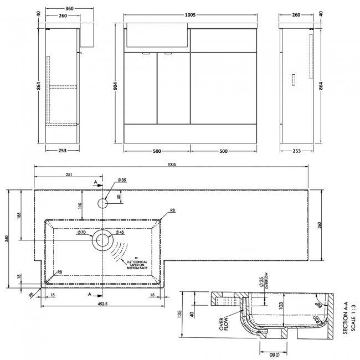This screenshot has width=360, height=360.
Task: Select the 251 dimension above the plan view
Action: click(x=69, y=174)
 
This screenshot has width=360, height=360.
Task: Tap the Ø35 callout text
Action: click(x=122, y=181)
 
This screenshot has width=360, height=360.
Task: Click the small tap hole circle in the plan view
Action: click(x=103, y=203)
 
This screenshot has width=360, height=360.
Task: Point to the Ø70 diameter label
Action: click(x=81, y=233)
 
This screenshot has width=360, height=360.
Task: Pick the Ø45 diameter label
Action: click(x=120, y=233)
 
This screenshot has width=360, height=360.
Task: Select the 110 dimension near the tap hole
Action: click(x=79, y=206)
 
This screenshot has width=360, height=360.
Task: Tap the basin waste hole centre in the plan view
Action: click(x=102, y=239)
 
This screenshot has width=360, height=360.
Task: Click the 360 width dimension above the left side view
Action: click(x=61, y=9)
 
